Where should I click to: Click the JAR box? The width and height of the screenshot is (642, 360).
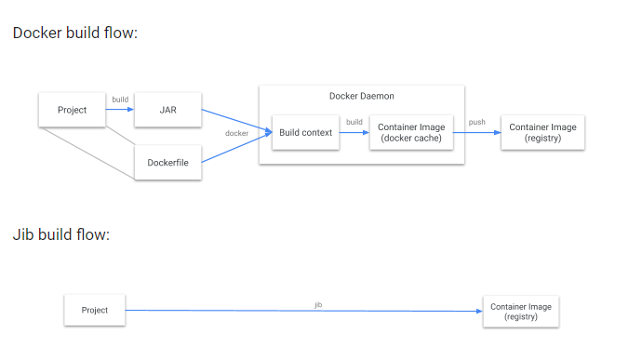pos(167,110)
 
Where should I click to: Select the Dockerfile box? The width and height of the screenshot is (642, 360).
pos(167,163)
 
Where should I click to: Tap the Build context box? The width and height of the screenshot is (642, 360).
pos(305,133)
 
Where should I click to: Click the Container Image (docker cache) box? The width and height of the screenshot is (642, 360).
pos(411,133)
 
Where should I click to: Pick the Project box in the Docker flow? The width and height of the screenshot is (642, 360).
pos(72,110)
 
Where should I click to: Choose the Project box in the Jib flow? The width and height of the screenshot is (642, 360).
pos(95,310)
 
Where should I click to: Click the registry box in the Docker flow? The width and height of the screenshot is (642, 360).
pos(542,133)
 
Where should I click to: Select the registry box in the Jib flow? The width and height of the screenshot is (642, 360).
pos(522,310)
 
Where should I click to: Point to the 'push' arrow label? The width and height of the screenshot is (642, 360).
pos(476,122)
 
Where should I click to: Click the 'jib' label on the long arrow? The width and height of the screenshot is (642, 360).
pos(318,304)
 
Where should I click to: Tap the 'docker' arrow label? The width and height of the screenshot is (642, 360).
pos(236,133)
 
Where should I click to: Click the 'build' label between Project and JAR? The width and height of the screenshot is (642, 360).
pos(120,100)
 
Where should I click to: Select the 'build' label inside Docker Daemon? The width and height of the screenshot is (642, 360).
pos(354,122)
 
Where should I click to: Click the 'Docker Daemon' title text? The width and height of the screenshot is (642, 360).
pos(361,96)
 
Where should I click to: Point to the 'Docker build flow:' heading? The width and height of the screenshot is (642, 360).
pos(75,33)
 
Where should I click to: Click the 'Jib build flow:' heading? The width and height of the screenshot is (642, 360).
pos(61,233)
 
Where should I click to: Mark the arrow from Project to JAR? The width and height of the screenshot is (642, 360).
pos(120,110)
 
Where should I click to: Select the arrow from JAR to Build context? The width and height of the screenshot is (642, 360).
pos(233,119)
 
